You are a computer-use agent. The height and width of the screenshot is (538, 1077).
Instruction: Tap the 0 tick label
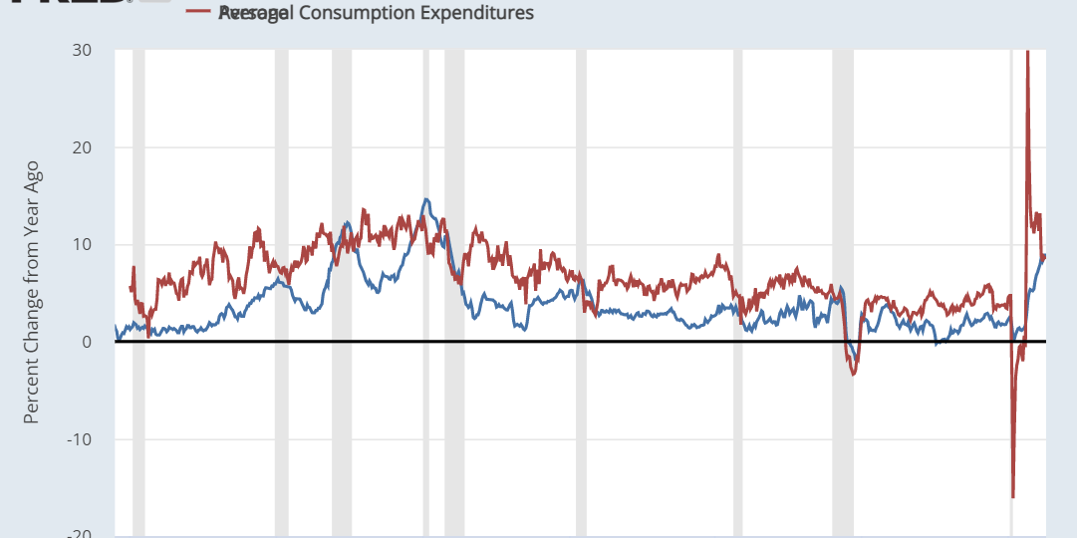click(x=88, y=342)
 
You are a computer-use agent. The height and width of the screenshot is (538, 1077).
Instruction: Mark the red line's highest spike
click(x=1027, y=53)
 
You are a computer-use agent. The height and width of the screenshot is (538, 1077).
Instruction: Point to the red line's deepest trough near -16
click(x=1012, y=496)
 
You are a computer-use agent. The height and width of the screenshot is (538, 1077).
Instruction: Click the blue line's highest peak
click(x=426, y=199)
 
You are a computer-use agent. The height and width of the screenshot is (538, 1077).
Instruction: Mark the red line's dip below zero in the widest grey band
click(x=853, y=374)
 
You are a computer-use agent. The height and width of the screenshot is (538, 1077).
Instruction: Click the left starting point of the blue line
click(x=116, y=328)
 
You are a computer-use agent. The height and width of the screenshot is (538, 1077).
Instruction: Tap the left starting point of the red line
click(x=131, y=289)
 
